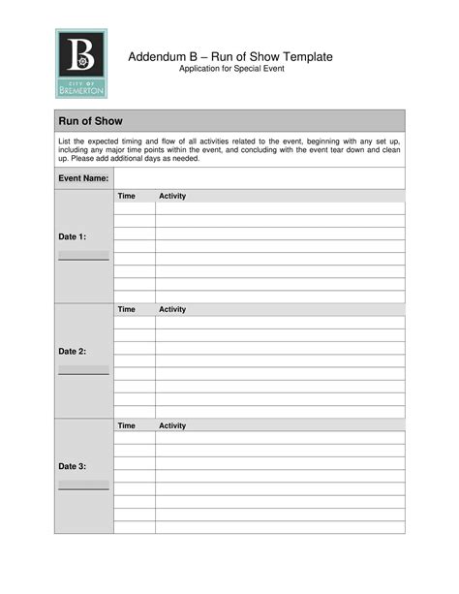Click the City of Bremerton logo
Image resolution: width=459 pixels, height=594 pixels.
tap(81, 63)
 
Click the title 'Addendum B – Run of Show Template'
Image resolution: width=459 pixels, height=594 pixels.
tap(230, 57)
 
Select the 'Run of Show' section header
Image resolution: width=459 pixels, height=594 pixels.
tap(87, 121)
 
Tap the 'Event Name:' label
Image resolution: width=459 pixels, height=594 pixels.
tap(82, 179)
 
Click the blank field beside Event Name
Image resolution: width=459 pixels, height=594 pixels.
tap(259, 179)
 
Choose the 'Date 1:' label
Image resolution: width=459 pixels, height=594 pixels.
tap(73, 236)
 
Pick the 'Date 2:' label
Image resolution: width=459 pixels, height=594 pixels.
tap(73, 351)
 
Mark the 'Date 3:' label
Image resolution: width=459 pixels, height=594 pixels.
tap(73, 466)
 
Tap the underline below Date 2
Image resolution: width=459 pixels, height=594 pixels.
tap(83, 373)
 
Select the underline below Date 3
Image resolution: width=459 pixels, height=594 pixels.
tap(83, 488)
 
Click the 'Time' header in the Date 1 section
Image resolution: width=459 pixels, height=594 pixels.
tap(126, 197)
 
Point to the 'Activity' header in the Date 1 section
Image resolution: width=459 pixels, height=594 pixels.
tap(172, 197)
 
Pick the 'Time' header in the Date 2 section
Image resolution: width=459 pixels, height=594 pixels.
tap(126, 310)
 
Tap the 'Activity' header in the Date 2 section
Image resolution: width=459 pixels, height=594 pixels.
tap(172, 310)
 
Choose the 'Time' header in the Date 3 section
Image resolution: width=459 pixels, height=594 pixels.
tap(126, 425)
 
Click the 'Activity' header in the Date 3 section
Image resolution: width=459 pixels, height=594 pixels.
tap(172, 425)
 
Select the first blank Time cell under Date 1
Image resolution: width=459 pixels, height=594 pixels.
tap(135, 208)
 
